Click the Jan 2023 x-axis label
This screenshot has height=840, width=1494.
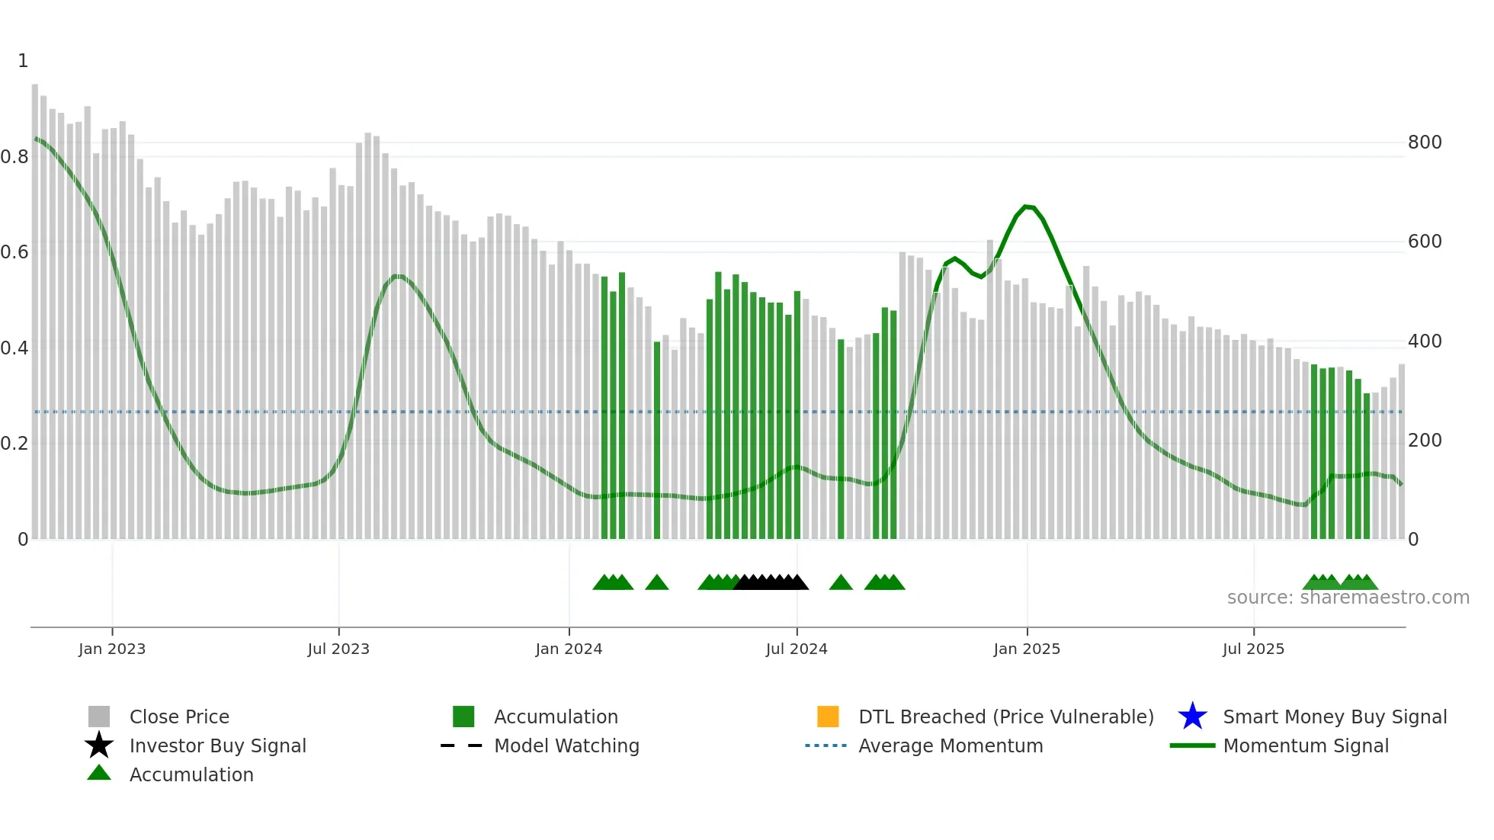pyautogui.click(x=111, y=649)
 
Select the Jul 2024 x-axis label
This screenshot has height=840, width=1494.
pyautogui.click(x=797, y=649)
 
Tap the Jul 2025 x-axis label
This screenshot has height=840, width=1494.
pyautogui.click(x=1253, y=649)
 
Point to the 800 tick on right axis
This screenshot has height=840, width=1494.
pyautogui.click(x=1424, y=143)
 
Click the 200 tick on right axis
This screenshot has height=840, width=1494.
pyautogui.click(x=1424, y=441)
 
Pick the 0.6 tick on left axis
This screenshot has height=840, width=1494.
pyautogui.click(x=14, y=252)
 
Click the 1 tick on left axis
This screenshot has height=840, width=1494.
pyautogui.click(x=23, y=61)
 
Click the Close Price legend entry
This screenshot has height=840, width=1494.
pyautogui.click(x=178, y=717)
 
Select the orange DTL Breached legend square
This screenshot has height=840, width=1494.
pyautogui.click(x=827, y=717)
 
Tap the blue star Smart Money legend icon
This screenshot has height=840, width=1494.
pyautogui.click(x=1192, y=717)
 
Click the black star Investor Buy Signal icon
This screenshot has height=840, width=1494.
pyautogui.click(x=99, y=745)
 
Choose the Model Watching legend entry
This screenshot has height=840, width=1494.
pyautogui.click(x=566, y=745)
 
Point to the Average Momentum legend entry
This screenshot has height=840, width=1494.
pyautogui.click(x=950, y=745)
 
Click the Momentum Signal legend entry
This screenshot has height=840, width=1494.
pyautogui.click(x=1305, y=745)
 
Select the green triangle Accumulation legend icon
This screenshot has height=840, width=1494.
pyautogui.click(x=99, y=773)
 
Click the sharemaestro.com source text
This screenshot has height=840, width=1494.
pyautogui.click(x=1348, y=597)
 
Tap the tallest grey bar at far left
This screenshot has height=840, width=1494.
pyautogui.click(x=35, y=305)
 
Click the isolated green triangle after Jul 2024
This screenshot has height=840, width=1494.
pyautogui.click(x=841, y=583)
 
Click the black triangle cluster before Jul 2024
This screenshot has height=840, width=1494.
pyautogui.click(x=770, y=583)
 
